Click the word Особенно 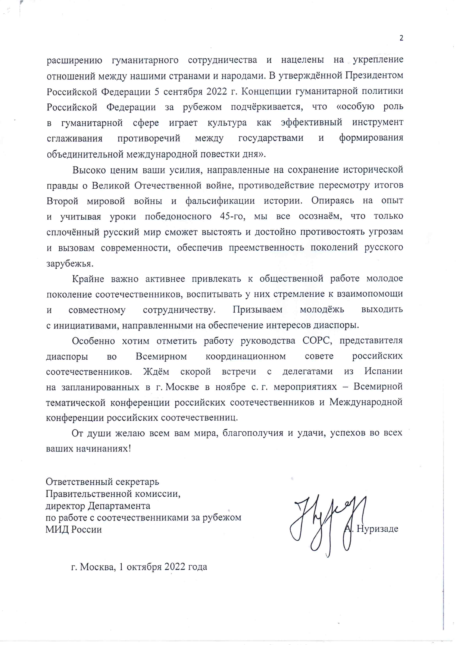(x=93, y=341)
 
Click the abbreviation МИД (x=56, y=530)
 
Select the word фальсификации (x=220, y=201)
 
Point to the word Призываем (x=257, y=310)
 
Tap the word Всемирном (x=161, y=356)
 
